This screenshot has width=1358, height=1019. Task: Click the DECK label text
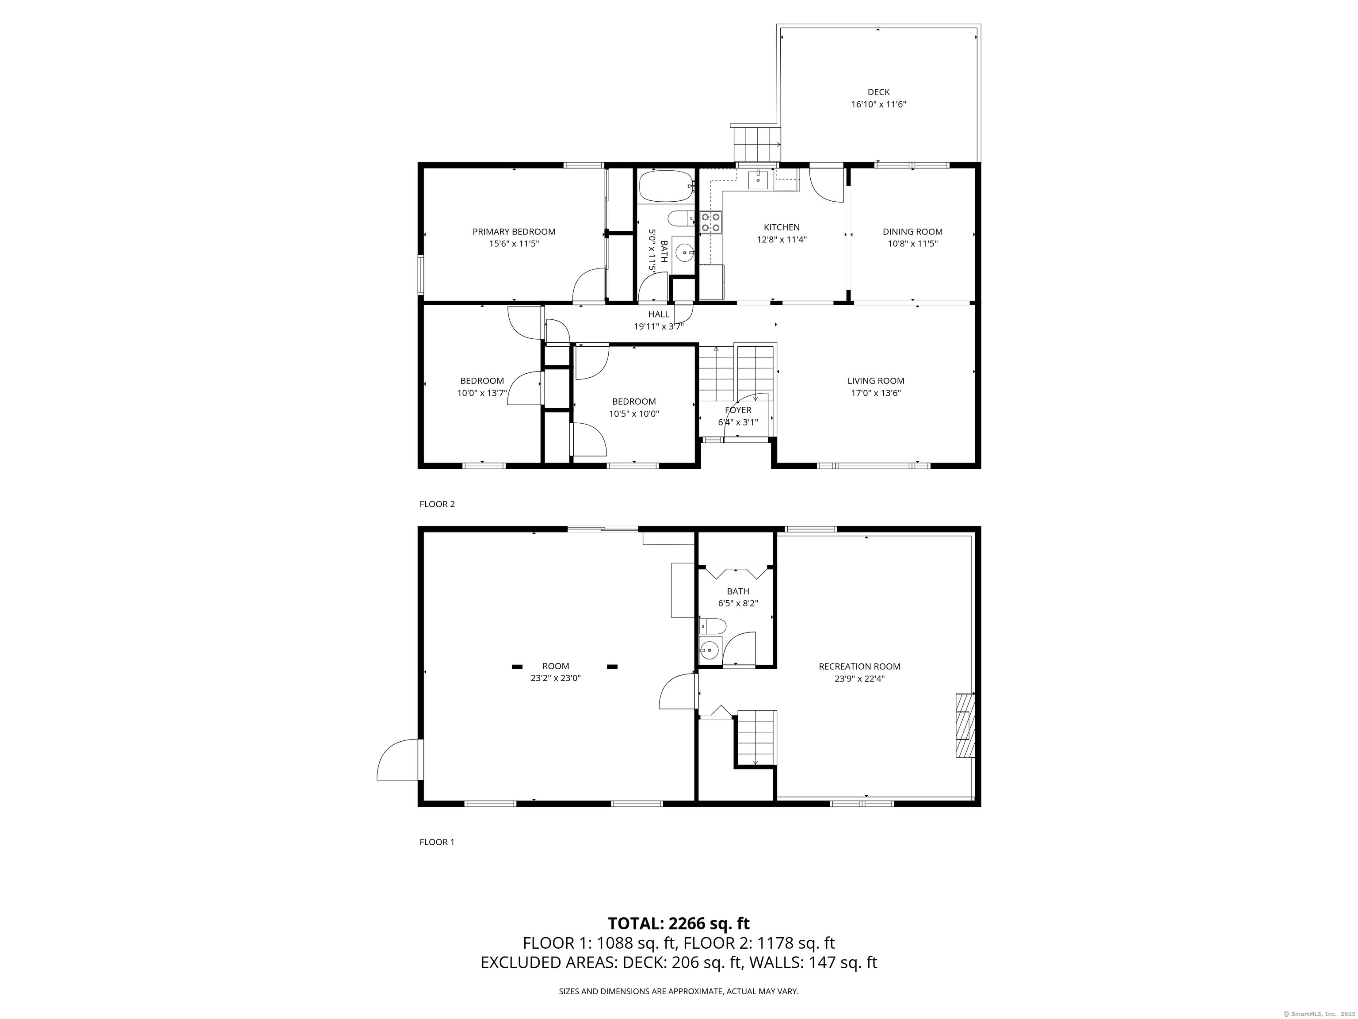[878, 92]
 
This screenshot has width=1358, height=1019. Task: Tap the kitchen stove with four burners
[711, 222]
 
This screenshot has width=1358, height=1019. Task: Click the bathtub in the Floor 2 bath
[665, 186]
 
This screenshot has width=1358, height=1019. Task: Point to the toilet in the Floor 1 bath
[712, 626]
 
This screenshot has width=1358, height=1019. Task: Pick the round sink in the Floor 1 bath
[710, 649]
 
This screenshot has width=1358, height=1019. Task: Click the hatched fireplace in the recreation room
[965, 725]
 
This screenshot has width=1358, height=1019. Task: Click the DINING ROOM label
[912, 232]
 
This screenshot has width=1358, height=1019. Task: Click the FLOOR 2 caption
[437, 504]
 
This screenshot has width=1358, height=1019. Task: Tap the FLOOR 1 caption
[437, 842]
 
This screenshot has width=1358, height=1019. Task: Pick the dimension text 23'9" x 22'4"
[859, 679]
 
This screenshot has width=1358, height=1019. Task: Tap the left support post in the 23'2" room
[518, 667]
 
